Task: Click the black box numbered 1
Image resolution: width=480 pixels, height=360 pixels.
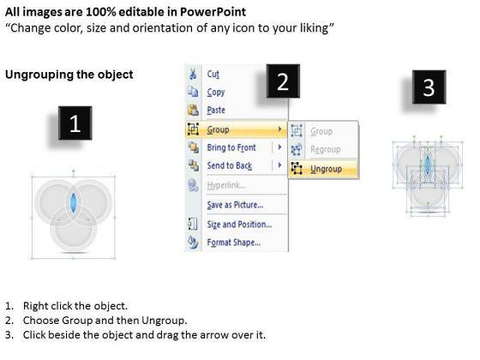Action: click(x=75, y=123)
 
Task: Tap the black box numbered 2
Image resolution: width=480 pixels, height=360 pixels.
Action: click(x=283, y=81)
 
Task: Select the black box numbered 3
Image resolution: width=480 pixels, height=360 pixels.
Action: click(x=429, y=87)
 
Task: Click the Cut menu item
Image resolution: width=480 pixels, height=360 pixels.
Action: click(x=213, y=74)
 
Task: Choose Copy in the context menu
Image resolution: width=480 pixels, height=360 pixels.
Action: click(x=216, y=93)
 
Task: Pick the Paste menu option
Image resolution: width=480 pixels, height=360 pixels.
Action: click(x=216, y=110)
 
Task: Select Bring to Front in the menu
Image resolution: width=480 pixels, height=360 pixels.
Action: click(x=231, y=147)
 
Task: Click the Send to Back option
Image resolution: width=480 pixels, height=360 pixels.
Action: click(x=230, y=165)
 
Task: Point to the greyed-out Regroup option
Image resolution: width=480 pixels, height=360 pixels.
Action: click(x=326, y=149)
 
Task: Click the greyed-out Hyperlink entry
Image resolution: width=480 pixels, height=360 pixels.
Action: click(x=226, y=185)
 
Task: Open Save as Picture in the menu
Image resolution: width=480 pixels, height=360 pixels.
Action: click(x=235, y=205)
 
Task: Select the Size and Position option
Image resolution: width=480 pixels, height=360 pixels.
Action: click(x=239, y=225)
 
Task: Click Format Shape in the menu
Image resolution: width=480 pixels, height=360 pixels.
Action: click(x=234, y=243)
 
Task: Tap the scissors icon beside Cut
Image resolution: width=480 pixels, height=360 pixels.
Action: click(x=193, y=74)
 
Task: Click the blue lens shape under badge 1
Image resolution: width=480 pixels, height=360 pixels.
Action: click(x=74, y=202)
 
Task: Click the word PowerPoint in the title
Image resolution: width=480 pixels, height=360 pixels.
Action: click(x=213, y=12)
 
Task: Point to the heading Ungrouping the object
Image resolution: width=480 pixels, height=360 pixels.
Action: click(x=69, y=75)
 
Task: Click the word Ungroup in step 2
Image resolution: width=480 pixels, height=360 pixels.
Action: click(x=164, y=321)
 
